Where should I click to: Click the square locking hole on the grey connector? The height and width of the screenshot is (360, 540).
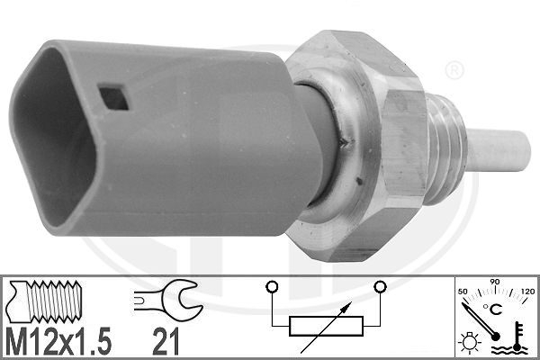(x=113, y=98)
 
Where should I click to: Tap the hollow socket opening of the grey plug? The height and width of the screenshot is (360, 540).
(x=51, y=138)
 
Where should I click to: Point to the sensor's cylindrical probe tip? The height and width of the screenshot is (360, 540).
(x=498, y=150)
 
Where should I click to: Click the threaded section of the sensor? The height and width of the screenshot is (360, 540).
(x=446, y=150)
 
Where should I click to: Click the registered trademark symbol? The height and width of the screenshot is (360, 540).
(x=454, y=70)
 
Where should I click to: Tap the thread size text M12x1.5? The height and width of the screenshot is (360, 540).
(x=58, y=341)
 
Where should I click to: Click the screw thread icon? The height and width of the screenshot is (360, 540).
(x=45, y=301)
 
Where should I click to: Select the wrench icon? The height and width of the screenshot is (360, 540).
(x=167, y=299)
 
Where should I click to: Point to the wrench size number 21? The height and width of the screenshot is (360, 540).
(x=166, y=341)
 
